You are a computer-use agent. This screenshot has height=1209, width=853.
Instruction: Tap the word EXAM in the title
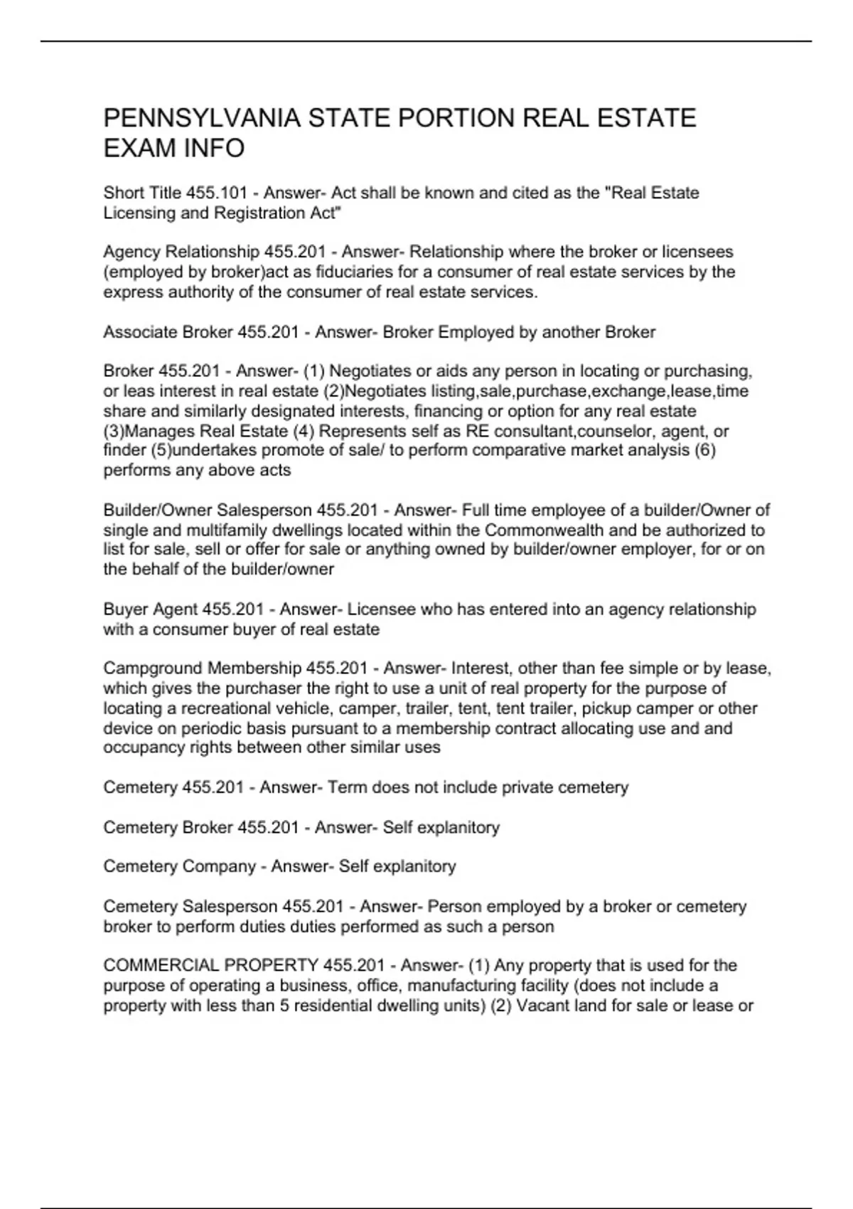tap(141, 148)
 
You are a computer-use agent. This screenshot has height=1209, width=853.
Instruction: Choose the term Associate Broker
tap(168, 332)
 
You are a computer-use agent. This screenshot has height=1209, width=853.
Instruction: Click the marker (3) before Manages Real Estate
tap(114, 431)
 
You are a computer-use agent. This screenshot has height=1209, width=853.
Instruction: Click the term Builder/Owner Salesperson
tap(208, 510)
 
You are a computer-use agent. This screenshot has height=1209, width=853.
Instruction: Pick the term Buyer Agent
tap(150, 609)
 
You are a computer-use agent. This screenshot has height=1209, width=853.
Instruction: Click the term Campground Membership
tap(203, 669)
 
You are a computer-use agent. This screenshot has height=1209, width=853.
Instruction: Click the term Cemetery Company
tap(179, 866)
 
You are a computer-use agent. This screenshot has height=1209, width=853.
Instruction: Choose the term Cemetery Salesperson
tap(190, 907)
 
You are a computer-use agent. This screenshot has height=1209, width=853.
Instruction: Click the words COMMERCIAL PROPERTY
tap(210, 966)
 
